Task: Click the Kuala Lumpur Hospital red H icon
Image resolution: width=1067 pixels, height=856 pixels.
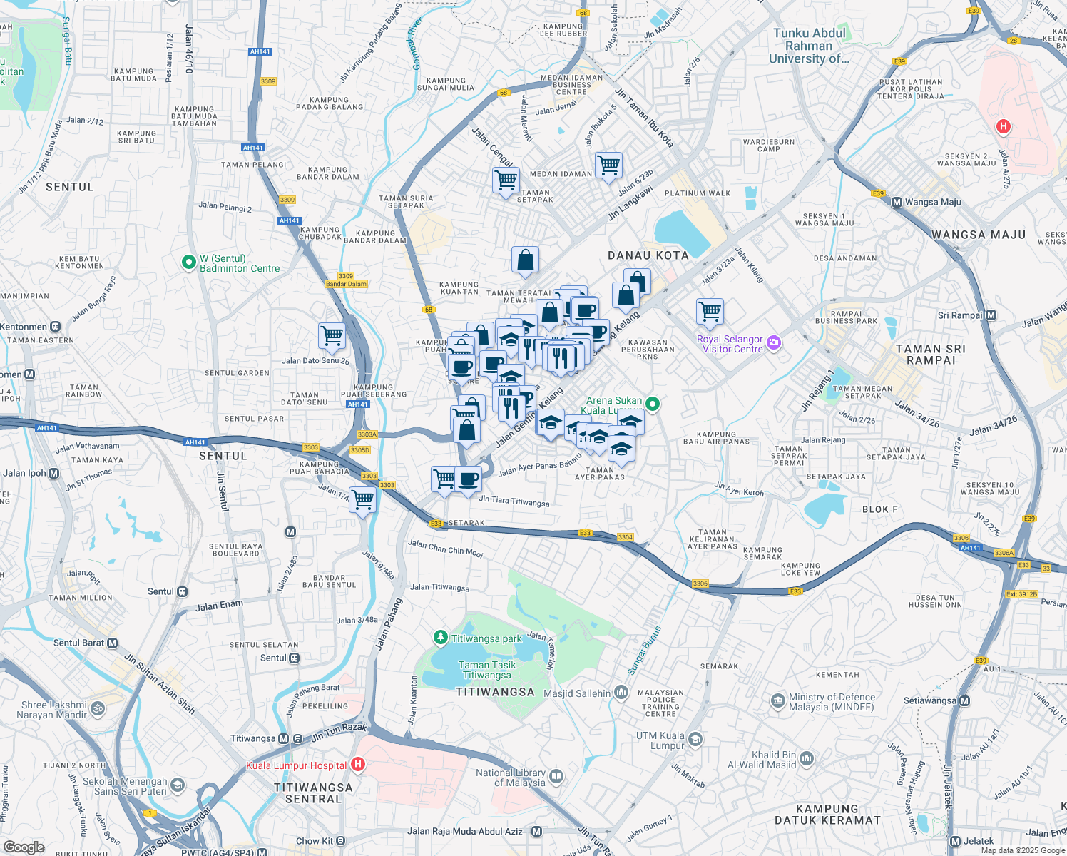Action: tap(358, 765)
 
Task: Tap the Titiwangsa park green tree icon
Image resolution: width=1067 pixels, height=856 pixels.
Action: tap(441, 637)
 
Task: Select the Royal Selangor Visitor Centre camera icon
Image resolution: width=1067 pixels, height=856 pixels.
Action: tap(774, 343)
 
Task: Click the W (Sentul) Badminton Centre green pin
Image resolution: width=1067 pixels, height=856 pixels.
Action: tap(188, 263)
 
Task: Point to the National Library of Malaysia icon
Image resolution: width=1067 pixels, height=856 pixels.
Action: tap(556, 776)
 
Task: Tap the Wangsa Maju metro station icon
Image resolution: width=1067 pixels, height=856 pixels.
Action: tap(897, 202)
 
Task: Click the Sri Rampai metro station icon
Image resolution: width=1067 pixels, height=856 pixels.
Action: tap(991, 315)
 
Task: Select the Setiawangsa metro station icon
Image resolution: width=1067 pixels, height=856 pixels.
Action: tap(964, 700)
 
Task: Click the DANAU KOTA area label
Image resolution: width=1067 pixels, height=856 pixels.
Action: tap(648, 255)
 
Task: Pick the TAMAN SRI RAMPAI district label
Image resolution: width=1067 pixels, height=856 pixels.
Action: tap(930, 354)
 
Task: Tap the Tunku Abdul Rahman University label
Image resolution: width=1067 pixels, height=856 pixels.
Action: tap(809, 46)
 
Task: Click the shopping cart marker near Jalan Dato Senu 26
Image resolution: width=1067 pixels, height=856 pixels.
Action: tap(332, 335)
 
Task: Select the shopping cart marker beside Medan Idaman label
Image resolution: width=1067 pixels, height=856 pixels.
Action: tap(608, 165)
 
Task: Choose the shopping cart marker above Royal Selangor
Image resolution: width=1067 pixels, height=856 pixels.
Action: tap(710, 311)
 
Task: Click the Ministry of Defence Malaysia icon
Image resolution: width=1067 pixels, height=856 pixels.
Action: tap(778, 701)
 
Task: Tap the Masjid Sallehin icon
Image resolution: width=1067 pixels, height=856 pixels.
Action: tap(621, 692)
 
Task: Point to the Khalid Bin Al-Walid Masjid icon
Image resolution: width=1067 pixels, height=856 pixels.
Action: tap(807, 758)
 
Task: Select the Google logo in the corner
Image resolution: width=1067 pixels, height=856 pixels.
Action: tap(24, 847)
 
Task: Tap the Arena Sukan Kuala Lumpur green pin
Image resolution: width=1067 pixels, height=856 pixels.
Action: tap(652, 404)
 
